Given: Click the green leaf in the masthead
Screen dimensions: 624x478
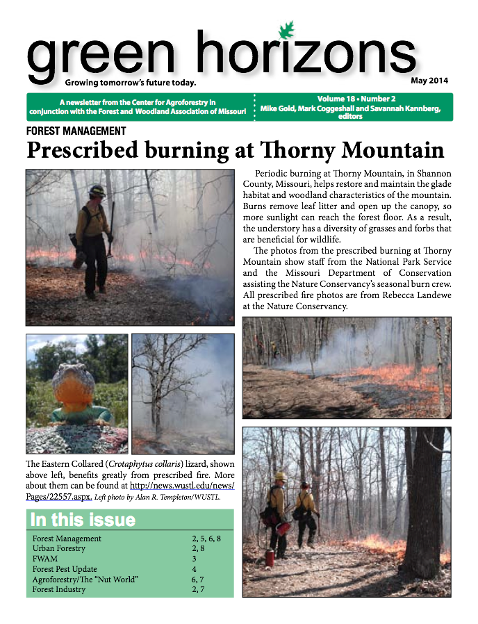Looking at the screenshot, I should coord(285,31).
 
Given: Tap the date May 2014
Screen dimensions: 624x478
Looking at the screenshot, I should coord(429,80).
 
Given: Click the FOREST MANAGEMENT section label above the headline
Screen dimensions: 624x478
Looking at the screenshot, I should coord(76,131).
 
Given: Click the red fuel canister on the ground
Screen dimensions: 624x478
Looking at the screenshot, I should coord(270,557).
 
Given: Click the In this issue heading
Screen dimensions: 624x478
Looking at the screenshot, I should coord(83,520).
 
